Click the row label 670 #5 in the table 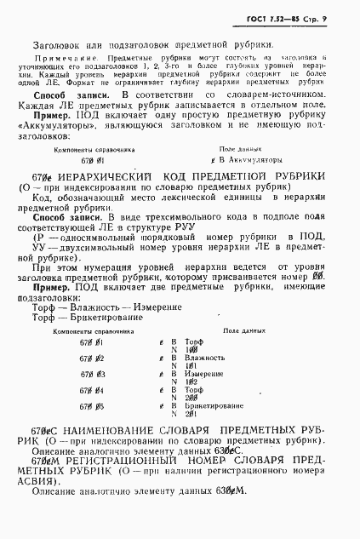click(92, 406)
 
